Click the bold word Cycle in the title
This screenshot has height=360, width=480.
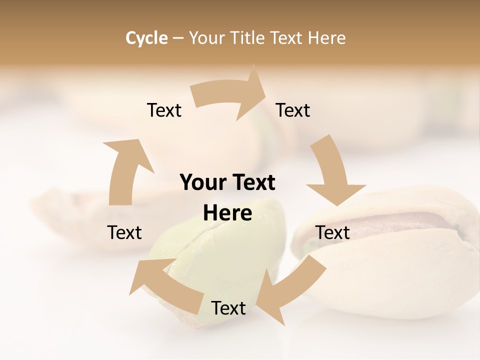coord(146,38)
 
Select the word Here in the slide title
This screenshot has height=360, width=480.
coord(327,38)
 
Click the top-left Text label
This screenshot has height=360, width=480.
coord(164,110)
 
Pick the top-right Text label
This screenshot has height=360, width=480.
coord(293,110)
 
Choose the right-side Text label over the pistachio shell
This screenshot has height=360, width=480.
coord(332,232)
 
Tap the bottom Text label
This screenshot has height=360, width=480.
coord(228,308)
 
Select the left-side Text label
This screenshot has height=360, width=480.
coord(124,232)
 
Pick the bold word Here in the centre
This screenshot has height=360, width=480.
coord(227,213)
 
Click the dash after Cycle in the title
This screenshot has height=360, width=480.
coord(178,38)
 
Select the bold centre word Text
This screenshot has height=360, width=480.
coord(252,182)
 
